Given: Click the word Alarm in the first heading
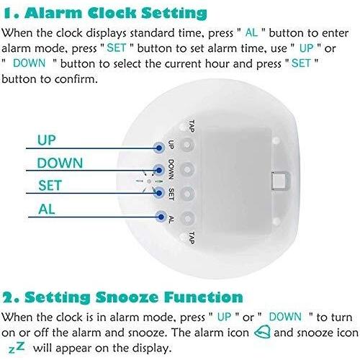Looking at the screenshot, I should [x=57, y=13].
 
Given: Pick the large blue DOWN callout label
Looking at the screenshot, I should [x=60, y=163].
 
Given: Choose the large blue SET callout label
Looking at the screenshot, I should [x=50, y=186].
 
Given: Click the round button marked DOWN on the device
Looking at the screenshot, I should [x=187, y=170].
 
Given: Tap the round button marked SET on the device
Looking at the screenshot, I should [x=187, y=194].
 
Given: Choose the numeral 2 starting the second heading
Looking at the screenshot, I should [x=9, y=297].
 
